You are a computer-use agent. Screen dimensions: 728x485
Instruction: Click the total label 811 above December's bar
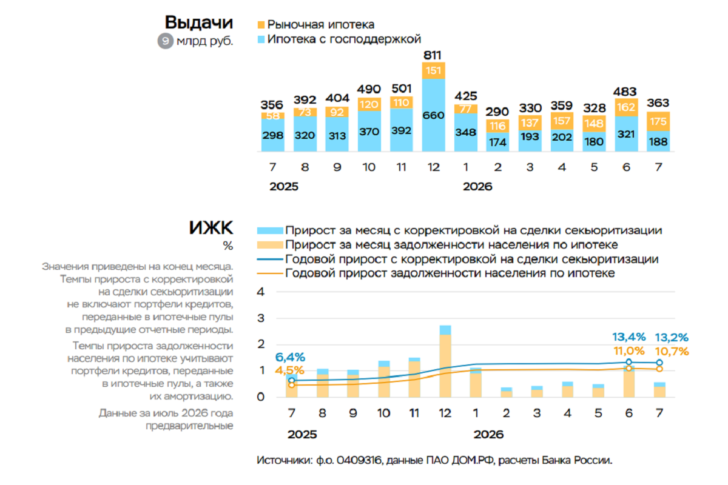(433, 55)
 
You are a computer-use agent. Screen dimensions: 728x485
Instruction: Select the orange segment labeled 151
(434, 70)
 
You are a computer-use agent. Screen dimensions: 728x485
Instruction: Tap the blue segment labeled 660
(434, 115)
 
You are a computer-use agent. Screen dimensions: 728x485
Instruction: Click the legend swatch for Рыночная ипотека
(261, 25)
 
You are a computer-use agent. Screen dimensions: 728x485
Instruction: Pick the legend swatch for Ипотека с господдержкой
(261, 39)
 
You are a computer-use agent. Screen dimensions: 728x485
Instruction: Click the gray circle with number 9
(166, 41)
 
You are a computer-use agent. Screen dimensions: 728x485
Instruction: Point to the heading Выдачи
(199, 22)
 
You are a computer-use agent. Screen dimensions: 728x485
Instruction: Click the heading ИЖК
(211, 227)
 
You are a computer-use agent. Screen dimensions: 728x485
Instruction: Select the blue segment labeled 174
(497, 142)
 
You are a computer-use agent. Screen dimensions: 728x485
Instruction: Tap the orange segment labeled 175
(658, 121)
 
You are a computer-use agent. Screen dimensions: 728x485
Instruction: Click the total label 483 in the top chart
(625, 92)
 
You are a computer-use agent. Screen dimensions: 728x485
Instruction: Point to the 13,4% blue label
(629, 337)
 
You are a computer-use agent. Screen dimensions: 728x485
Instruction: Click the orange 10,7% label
(672, 351)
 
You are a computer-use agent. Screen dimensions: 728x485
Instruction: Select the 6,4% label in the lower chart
(290, 357)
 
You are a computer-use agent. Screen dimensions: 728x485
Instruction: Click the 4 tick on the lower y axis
(261, 292)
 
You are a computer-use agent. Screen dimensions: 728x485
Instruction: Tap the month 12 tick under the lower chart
(445, 413)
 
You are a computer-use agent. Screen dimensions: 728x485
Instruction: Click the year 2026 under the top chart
(477, 187)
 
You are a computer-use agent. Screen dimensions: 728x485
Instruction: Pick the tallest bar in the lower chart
(445, 361)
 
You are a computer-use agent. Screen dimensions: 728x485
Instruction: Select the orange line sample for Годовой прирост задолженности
(270, 273)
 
